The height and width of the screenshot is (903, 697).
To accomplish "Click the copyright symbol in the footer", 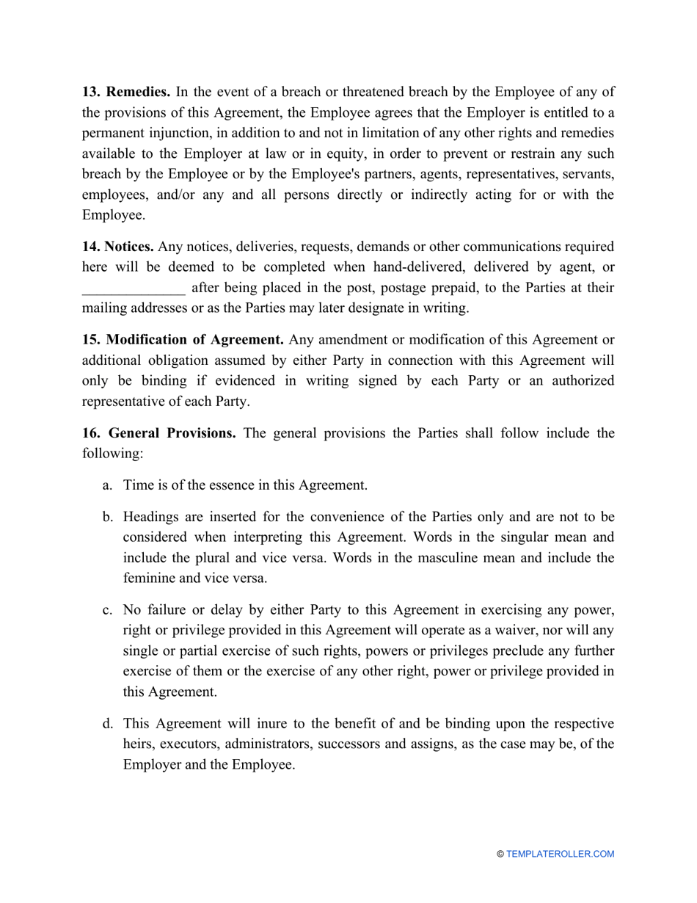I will pyautogui.click(x=500, y=854).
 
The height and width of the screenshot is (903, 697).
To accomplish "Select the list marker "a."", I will pyautogui.click(x=107, y=485).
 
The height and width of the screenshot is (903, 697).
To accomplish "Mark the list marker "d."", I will pyautogui.click(x=107, y=723).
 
